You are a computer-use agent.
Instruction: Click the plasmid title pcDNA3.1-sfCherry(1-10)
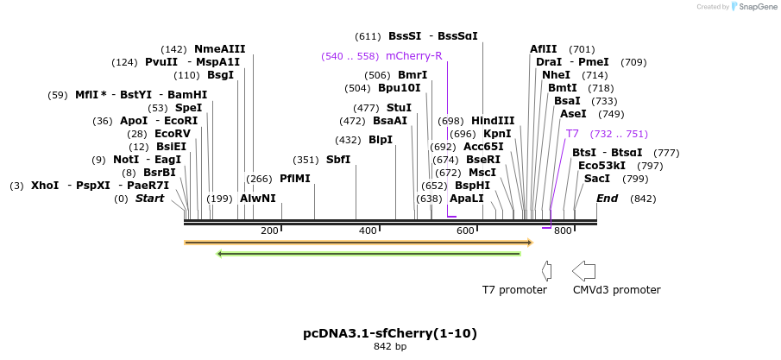click(390, 333)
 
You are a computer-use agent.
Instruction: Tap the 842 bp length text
click(390, 347)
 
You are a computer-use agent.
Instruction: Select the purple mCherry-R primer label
click(414, 56)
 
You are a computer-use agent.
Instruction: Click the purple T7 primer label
click(573, 134)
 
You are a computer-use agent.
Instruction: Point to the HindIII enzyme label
click(493, 121)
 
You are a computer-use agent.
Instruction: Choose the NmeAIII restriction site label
click(219, 49)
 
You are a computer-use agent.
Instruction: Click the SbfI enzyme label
click(338, 160)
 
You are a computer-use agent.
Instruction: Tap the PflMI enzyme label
click(295, 179)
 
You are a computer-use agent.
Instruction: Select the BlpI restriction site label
click(381, 140)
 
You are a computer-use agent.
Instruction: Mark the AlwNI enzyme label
click(258, 199)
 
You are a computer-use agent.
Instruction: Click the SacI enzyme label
click(597, 179)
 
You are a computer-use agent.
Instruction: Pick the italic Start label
click(149, 199)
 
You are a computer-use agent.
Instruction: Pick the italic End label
click(608, 199)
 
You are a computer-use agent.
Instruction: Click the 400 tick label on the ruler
click(368, 231)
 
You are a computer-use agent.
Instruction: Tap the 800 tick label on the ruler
click(563, 231)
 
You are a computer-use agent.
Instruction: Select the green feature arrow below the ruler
click(368, 254)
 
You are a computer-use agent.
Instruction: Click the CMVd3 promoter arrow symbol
click(584, 270)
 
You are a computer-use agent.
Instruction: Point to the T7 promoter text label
click(514, 290)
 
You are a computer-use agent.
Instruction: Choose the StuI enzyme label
click(399, 108)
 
